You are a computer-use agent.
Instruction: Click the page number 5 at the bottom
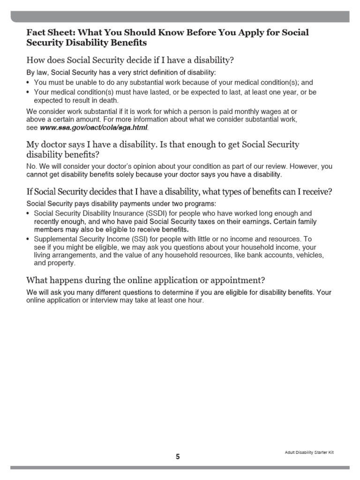click(x=178, y=457)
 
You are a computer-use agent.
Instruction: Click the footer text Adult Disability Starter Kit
click(x=309, y=452)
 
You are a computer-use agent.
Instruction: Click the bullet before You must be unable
click(x=29, y=82)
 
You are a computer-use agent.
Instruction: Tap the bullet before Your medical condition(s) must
click(x=29, y=92)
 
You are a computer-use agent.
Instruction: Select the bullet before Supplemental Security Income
click(x=29, y=239)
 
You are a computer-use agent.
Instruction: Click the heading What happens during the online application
click(x=145, y=280)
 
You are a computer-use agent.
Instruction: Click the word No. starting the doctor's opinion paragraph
click(x=31, y=166)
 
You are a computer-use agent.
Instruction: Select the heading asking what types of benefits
click(x=180, y=192)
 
